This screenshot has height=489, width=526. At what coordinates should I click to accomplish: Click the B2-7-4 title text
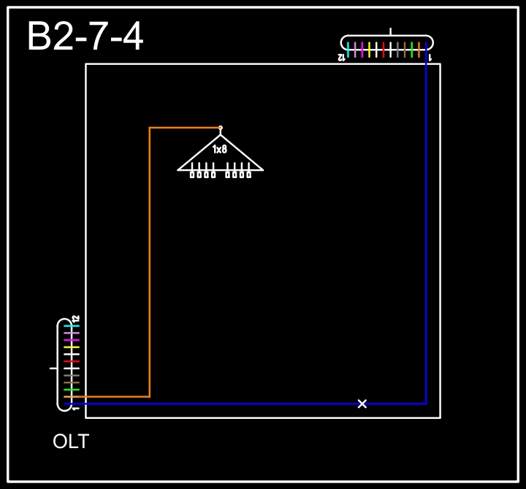85,36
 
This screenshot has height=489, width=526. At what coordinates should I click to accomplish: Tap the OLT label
71,441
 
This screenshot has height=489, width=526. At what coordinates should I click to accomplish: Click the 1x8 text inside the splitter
220,149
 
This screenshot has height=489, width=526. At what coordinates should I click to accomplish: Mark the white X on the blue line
362,404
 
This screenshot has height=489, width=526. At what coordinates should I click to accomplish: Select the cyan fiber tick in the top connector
348,50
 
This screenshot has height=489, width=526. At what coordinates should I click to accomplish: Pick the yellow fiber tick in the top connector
369,50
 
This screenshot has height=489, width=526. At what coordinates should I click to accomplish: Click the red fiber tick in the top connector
384,50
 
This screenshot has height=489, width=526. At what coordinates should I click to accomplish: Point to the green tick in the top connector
411,50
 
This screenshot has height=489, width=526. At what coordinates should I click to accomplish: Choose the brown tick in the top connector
405,50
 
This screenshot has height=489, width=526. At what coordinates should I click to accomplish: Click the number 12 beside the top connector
341,58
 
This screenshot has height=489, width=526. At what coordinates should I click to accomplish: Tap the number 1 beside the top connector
430,58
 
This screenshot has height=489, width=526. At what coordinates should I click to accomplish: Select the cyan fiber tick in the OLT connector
72,326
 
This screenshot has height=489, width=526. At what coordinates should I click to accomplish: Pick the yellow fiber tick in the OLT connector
72,347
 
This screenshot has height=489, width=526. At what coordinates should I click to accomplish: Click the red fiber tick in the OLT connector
72,361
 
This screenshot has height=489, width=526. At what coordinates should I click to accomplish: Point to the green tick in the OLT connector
72,390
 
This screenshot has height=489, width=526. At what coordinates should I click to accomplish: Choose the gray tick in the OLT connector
72,375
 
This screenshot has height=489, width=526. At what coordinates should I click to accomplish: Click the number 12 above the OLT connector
76,318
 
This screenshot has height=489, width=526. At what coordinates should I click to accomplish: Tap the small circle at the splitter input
221,128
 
